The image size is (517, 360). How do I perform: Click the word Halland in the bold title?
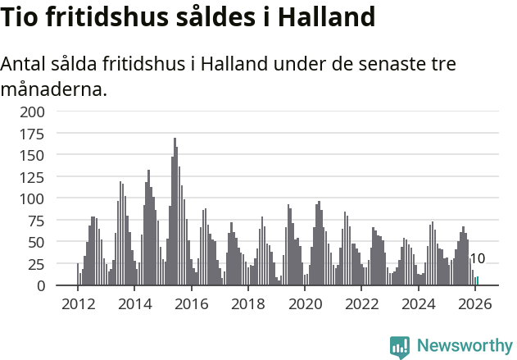[327, 16]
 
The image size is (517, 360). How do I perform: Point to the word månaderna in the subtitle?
[53, 89]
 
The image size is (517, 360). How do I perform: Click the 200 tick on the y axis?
[33, 112]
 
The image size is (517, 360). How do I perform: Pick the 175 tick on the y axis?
[33, 133]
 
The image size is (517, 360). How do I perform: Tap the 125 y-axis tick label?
[33, 176]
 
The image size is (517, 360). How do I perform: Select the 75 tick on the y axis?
[36, 221]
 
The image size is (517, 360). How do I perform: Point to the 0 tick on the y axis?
[43, 285]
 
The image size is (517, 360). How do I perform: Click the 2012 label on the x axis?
[79, 304]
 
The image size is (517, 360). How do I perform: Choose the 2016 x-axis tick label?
[192, 304]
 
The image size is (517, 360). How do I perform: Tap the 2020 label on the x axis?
[305, 304]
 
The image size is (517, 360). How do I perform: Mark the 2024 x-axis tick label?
[419, 304]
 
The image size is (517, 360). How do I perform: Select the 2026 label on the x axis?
[475, 304]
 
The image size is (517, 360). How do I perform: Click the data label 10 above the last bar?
[477, 259]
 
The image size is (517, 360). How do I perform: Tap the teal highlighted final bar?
[477, 281]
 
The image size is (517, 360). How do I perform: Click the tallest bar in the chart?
[175, 213]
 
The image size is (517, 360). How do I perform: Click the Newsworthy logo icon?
[400, 346]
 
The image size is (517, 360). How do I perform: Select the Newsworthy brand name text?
[465, 345]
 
